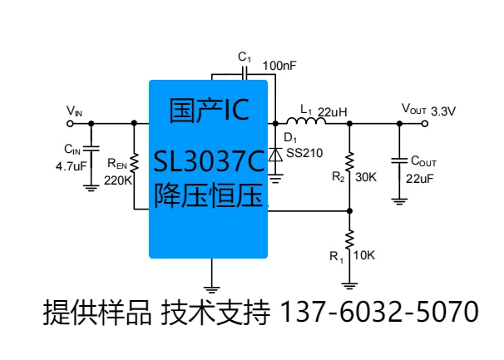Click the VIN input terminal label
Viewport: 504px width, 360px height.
74,111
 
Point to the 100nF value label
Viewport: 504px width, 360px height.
279,64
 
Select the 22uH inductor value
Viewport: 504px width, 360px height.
333,111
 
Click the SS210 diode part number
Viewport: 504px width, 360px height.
303,152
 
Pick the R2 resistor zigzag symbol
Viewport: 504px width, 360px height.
350,163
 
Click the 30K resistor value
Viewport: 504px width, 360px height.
367,176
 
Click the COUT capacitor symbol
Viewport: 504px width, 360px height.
400,159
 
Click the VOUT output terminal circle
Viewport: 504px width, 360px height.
425,124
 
